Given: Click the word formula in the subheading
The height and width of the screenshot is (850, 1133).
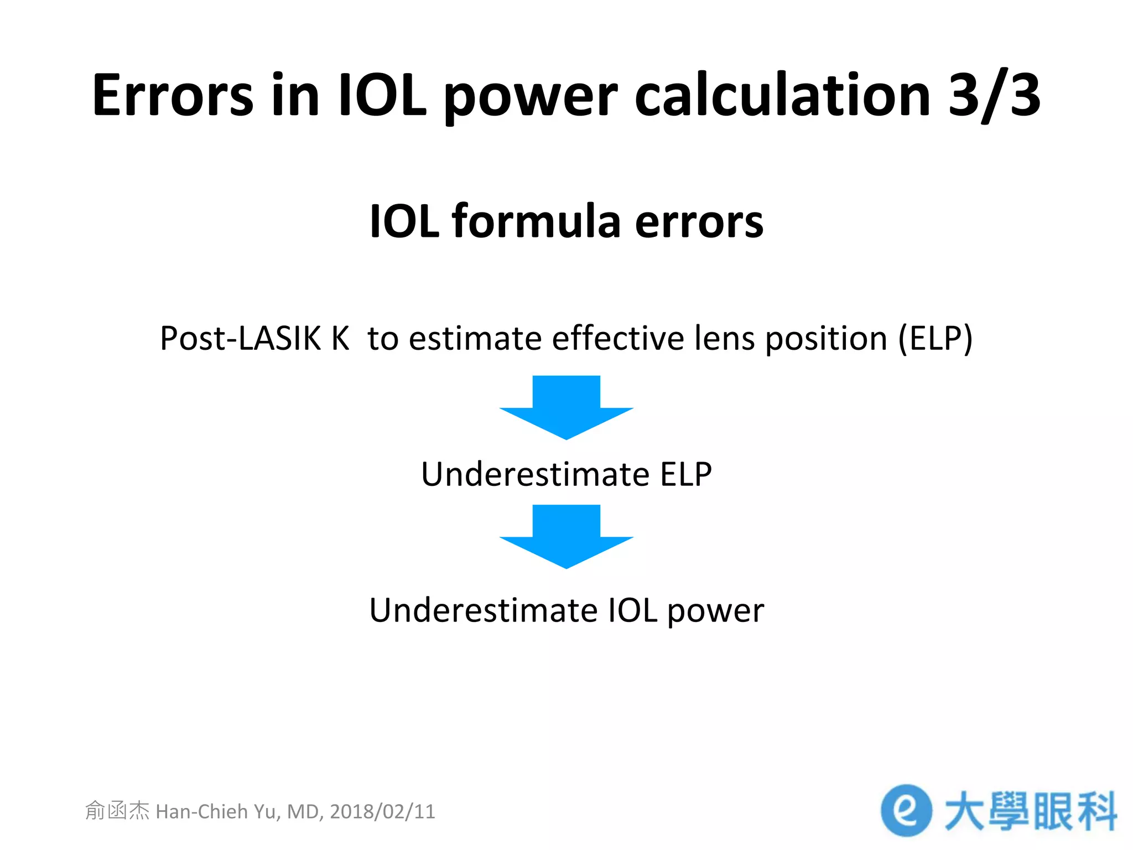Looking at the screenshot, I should coord(536,221).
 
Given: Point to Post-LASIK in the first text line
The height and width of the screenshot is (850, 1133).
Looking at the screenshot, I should coord(240,338).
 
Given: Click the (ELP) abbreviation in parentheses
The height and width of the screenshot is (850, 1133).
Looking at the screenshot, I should coord(935,338).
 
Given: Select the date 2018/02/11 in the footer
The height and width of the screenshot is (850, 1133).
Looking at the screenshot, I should coord(382,811).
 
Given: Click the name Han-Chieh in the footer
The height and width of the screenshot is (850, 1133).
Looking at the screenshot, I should coord(202,811).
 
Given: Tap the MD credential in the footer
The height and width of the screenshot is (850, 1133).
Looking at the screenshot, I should coord(304,811).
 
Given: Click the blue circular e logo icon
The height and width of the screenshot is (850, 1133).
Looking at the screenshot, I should coord(906,810).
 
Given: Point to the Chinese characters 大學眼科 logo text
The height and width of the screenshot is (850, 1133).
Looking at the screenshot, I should coord(1030,811).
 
